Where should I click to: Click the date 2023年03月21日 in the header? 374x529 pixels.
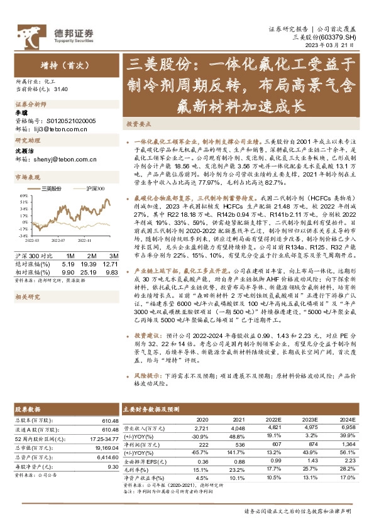[x=337, y=45]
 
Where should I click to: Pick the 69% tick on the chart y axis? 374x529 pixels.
[x=21, y=194]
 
